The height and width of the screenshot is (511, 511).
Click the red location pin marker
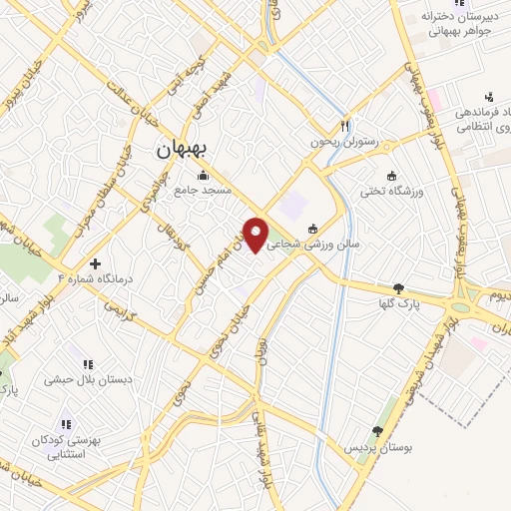(257, 234)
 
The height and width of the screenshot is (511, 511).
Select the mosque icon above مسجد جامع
(204, 175)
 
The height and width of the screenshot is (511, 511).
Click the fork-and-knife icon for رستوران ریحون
(345, 126)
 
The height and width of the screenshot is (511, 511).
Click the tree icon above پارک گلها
(399, 287)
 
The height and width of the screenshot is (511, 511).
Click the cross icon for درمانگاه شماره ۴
(95, 264)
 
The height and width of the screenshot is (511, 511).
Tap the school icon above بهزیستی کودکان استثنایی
(67, 424)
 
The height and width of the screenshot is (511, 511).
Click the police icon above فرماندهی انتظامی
(488, 96)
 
